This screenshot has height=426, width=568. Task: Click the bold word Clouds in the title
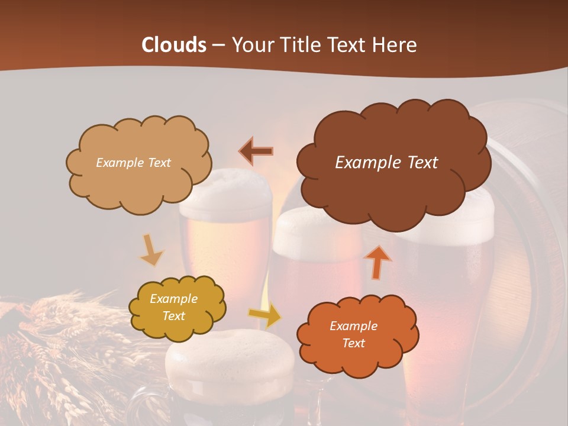click(174, 45)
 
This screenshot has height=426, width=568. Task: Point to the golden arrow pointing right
click(265, 316)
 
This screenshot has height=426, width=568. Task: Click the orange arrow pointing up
click(378, 262)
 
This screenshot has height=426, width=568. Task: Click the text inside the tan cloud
click(133, 163)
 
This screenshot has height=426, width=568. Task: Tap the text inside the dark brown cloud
click(386, 163)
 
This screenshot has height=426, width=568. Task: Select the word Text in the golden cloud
click(174, 317)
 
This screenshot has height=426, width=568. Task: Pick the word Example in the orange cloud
click(353, 326)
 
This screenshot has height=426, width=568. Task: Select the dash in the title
click(218, 45)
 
